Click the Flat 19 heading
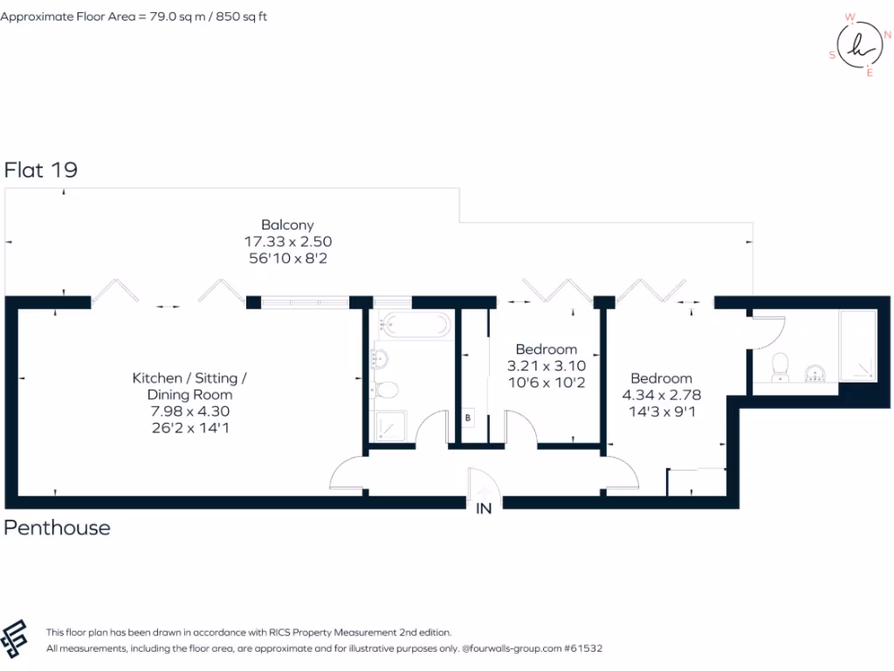(x=41, y=169)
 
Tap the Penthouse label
(x=58, y=528)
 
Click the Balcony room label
(x=287, y=225)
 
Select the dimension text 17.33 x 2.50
(x=287, y=241)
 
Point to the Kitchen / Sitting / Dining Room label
(x=189, y=386)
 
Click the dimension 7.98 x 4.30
(x=189, y=412)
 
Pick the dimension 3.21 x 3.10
(x=547, y=366)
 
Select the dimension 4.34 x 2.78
(x=661, y=395)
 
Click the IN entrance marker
(x=484, y=508)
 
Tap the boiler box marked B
(x=468, y=418)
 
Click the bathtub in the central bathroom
(x=414, y=327)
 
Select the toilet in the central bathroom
(x=386, y=389)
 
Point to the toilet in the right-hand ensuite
(x=780, y=365)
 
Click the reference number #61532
(x=584, y=648)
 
